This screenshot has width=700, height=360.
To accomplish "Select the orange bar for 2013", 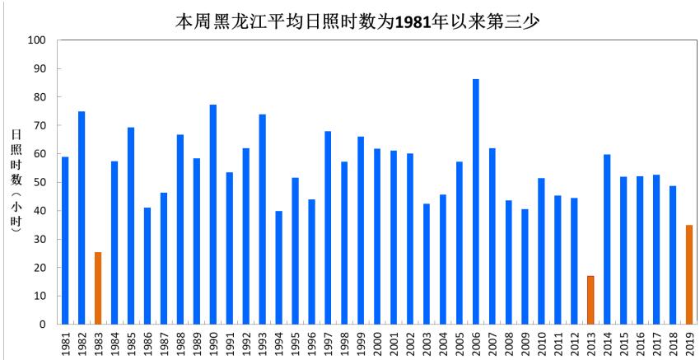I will (590, 300).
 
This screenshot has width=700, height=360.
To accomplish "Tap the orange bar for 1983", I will (98, 288).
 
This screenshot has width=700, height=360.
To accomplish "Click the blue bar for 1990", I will (213, 214).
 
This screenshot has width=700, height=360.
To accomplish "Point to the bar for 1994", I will (279, 268).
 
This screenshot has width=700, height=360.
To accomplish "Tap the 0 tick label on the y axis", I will (43, 325).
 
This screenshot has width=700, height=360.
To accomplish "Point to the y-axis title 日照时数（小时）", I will (16, 182).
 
